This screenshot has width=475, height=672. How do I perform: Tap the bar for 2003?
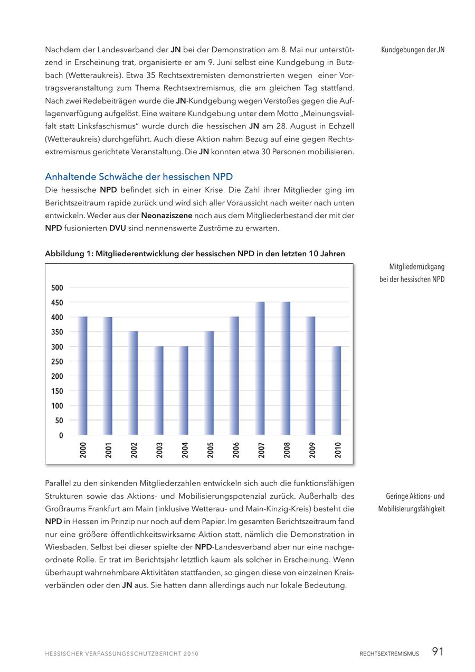[159, 390]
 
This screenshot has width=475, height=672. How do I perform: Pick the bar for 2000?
[83, 376]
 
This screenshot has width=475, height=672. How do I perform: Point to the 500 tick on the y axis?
[57, 288]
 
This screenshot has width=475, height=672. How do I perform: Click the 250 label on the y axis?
[57, 362]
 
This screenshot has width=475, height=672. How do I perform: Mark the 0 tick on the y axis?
[61, 436]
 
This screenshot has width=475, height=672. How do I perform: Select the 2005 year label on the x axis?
[210, 450]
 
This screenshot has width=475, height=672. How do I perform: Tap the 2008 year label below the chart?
[287, 450]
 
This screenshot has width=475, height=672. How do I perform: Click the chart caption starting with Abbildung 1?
[195, 254]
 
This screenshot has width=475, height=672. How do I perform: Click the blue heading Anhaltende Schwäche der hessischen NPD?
[139, 176]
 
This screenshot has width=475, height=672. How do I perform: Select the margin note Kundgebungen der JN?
[413, 50]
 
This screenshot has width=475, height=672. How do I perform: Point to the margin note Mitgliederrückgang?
[417, 267]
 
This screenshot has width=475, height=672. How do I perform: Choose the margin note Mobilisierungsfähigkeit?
[411, 509]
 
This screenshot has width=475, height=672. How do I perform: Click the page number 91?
[438, 652]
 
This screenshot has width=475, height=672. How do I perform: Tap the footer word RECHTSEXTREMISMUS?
[389, 654]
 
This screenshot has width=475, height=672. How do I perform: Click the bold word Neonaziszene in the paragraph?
[167, 216]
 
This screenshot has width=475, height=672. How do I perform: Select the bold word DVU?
[117, 228]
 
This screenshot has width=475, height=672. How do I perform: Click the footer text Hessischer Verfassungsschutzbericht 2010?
[121, 654]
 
